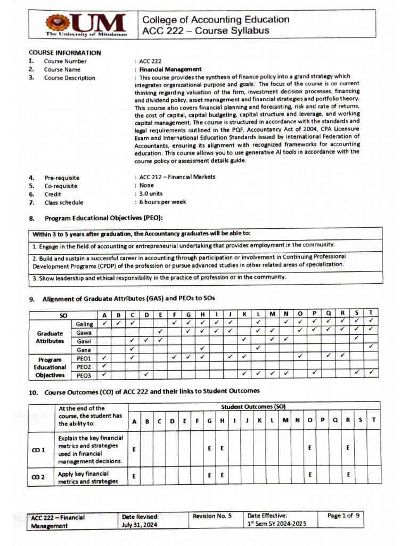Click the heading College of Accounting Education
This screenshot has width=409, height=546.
point(216,20)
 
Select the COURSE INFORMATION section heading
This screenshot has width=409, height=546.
point(64,53)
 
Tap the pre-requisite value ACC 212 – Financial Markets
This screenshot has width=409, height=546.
point(177,177)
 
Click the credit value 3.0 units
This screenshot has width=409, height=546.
point(151,194)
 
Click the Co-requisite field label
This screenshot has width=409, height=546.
point(60,186)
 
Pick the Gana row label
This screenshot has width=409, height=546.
point(84,349)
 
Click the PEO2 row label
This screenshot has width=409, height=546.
point(84,367)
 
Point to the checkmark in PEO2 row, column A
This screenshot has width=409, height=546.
point(104,366)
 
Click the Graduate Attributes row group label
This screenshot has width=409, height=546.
point(50,336)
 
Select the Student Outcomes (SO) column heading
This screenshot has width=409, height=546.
point(253,406)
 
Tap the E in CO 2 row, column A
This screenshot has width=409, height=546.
point(134,474)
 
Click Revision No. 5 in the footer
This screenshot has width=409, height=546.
point(212,516)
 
